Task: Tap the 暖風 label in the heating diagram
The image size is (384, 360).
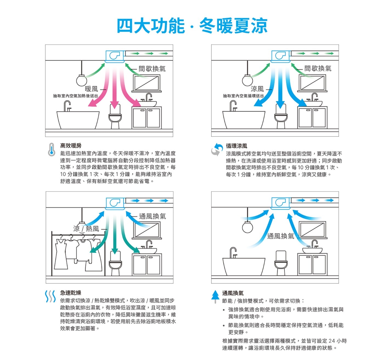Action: pos(91,89)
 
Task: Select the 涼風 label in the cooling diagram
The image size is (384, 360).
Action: pos(257,89)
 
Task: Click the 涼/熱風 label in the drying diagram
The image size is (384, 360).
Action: pos(86,229)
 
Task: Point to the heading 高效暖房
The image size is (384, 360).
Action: pos(71,146)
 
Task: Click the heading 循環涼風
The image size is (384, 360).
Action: pos(236,146)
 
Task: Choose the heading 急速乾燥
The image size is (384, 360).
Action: pos(70,293)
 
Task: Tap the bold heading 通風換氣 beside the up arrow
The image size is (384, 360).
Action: pos(233,293)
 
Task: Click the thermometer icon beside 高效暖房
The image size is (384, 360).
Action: pos(52,149)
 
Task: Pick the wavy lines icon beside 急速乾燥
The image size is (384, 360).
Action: pos(50,296)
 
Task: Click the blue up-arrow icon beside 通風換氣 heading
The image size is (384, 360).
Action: pos(215,297)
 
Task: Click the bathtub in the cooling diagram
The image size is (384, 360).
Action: pos(244,118)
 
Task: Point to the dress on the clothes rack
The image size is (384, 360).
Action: pos(61,254)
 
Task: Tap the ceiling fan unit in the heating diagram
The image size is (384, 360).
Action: pos(115,56)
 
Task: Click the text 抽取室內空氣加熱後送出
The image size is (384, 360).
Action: pos(76,96)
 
